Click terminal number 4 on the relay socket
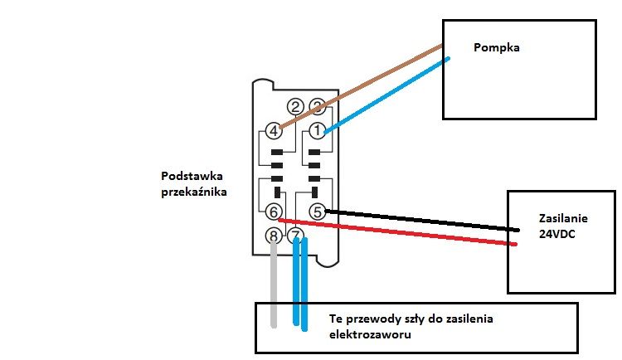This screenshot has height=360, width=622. tap(274, 130)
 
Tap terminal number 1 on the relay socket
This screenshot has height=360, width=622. tap(317, 130)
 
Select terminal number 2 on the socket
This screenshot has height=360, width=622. tap(295, 107)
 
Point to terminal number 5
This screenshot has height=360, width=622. tap(318, 212)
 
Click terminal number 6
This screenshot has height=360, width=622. tap(274, 212)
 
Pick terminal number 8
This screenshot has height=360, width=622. tap(274, 236)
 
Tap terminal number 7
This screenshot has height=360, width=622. tap(295, 236)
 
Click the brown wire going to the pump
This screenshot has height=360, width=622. tap(361, 86)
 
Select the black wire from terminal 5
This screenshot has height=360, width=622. tap(422, 220)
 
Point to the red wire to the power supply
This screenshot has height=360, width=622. tap(397, 231)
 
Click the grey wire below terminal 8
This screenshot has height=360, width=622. tap(274, 284)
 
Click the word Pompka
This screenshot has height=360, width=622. tap(496, 47)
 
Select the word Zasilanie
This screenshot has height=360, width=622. tap(563, 218)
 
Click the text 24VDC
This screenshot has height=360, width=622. tap(557, 234)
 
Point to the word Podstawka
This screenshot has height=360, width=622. tap(192, 176)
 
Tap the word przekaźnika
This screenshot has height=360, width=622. tap(194, 192)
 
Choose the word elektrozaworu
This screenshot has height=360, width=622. tap(370, 334)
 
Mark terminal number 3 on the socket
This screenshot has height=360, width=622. tap(317, 106)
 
